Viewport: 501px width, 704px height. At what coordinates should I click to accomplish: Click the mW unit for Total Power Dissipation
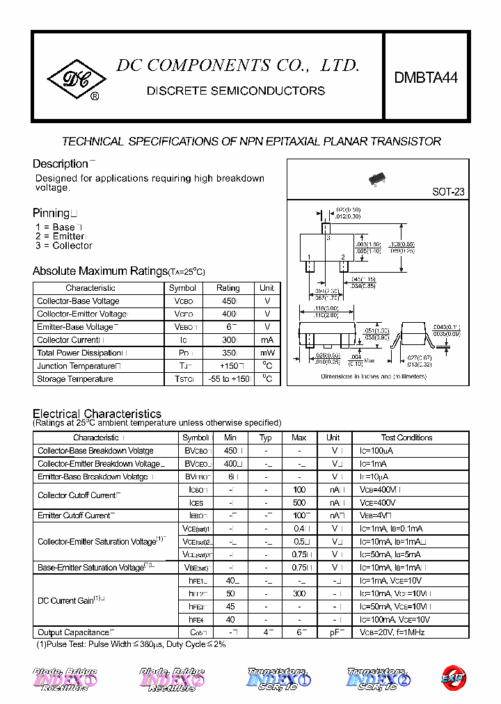pyautogui.click(x=267, y=353)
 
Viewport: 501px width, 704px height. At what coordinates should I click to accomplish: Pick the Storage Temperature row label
pyautogui.click(x=75, y=379)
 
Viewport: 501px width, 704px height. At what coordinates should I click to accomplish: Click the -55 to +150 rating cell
pyautogui.click(x=228, y=379)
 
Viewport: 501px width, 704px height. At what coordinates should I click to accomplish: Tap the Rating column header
pyautogui.click(x=228, y=288)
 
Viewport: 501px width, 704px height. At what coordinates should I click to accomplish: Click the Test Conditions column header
pyautogui.click(x=406, y=438)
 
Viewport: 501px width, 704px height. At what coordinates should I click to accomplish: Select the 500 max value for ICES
pyautogui.click(x=299, y=502)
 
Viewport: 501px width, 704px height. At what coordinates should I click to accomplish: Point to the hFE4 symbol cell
pyautogui.click(x=196, y=619)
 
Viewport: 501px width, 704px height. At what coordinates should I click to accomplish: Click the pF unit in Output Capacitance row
pyautogui.click(x=333, y=632)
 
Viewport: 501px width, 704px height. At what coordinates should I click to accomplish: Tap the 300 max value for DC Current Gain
pyautogui.click(x=299, y=593)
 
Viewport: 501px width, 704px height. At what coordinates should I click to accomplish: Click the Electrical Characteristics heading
pyautogui.click(x=97, y=414)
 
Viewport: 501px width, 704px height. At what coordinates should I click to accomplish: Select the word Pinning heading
pyautogui.click(x=51, y=213)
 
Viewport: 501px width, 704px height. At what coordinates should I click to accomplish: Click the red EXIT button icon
pyautogui.click(x=454, y=675)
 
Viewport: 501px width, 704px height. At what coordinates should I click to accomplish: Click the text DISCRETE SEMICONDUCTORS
pyautogui.click(x=235, y=91)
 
